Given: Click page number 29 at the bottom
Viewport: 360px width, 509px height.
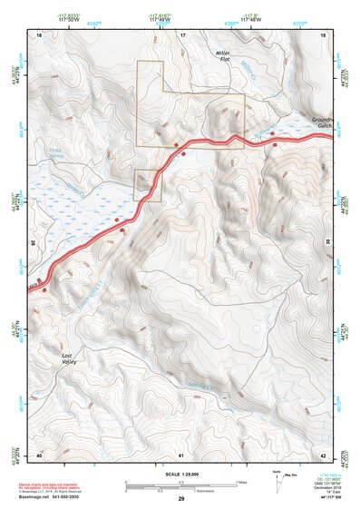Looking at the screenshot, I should click(x=180, y=499).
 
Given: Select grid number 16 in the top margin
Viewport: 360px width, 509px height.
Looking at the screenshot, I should click(x=39, y=34).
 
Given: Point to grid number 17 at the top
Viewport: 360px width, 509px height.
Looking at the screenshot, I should click(x=181, y=34).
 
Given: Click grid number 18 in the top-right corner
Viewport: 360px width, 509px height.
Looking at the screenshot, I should click(x=324, y=34).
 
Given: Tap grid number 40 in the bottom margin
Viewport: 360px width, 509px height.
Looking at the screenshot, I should click(x=39, y=454).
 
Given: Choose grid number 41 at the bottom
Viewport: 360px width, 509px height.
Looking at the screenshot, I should click(x=181, y=454).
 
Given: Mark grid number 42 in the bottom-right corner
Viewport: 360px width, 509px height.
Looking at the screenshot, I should click(x=324, y=454).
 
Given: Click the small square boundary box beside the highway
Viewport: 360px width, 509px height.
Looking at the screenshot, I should click(x=147, y=184).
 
